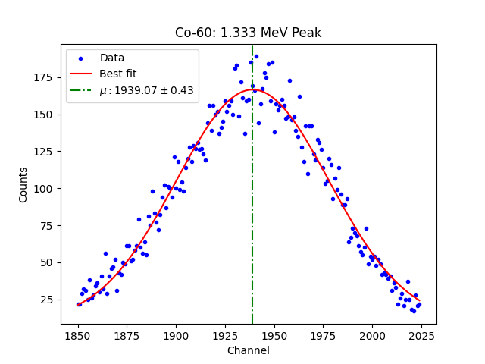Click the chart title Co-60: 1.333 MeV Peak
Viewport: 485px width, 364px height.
pyautogui.click(x=248, y=33)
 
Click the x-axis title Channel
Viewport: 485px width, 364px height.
pyautogui.click(x=248, y=350)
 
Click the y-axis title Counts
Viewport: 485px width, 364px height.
pyautogui.click(x=23, y=184)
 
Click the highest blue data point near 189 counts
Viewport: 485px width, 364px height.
pyautogui.click(x=256, y=56)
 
